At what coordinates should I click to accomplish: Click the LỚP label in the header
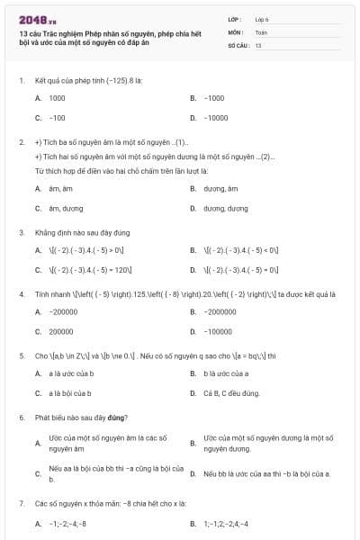(236, 18)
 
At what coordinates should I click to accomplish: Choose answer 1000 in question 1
(57, 97)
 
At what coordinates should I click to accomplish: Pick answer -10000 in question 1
(216, 117)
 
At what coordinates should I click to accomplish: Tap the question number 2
(21, 142)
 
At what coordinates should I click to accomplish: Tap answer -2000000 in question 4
(220, 311)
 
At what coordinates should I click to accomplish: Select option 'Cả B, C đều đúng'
(231, 392)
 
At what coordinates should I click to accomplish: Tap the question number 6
(21, 417)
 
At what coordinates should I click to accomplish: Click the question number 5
(21, 355)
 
